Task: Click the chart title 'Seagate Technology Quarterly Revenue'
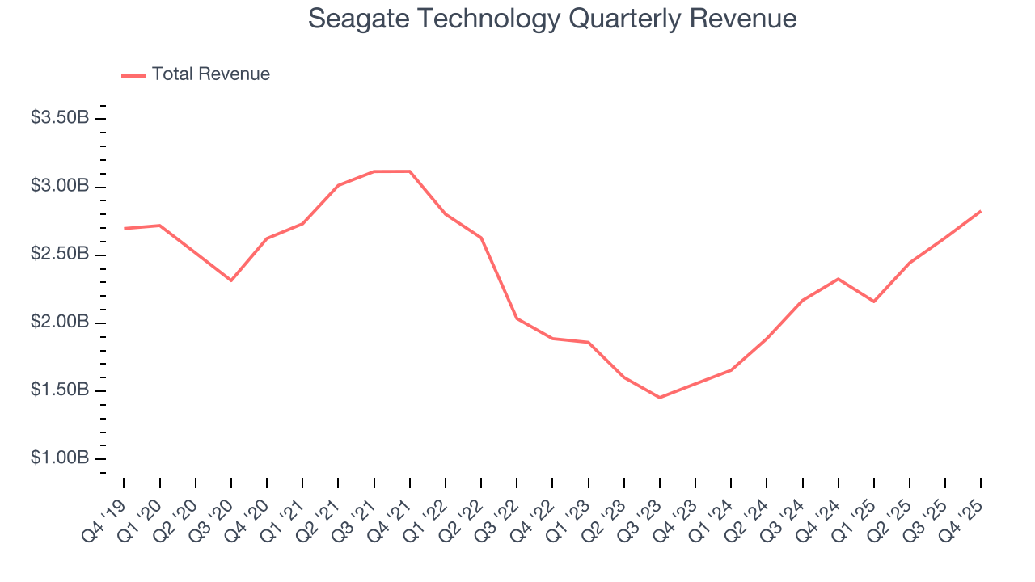pyautogui.click(x=552, y=19)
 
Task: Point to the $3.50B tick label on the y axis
pyautogui.click(x=60, y=118)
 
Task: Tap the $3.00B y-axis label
pyautogui.click(x=60, y=186)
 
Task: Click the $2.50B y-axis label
pyautogui.click(x=60, y=254)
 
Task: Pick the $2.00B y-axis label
pyautogui.click(x=60, y=322)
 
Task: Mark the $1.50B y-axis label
pyautogui.click(x=60, y=390)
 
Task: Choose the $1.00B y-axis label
pyautogui.click(x=60, y=458)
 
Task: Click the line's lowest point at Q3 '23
pyautogui.click(x=660, y=398)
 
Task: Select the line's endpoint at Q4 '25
pyautogui.click(x=981, y=211)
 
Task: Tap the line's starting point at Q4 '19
pyautogui.click(x=125, y=229)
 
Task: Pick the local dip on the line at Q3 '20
pyautogui.click(x=231, y=280)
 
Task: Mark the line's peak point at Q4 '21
pyautogui.click(x=410, y=171)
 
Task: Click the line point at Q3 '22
pyautogui.click(x=517, y=318)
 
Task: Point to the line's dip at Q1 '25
pyautogui.click(x=873, y=302)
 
